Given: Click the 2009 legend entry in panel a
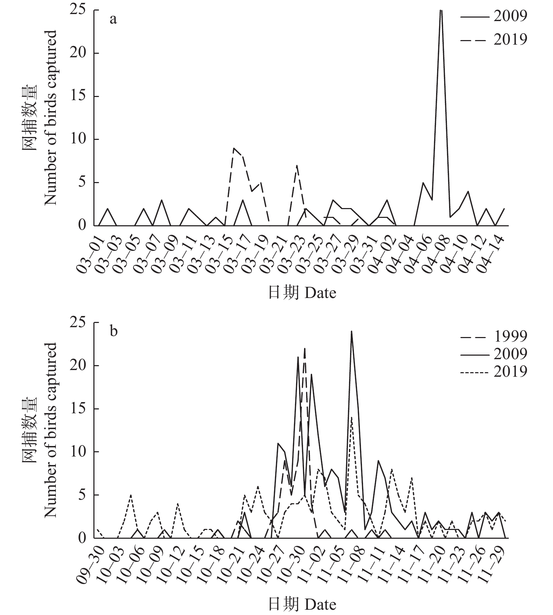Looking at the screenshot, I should (x=493, y=16).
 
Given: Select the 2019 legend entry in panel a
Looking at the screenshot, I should (x=493, y=39).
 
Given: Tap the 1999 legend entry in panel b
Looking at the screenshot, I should (x=493, y=336).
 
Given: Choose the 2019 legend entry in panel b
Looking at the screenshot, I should (x=493, y=371).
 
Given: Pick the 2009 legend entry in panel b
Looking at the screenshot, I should (x=493, y=354).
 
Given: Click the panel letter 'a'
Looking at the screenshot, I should (x=113, y=19).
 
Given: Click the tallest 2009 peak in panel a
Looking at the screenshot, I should (x=441, y=11).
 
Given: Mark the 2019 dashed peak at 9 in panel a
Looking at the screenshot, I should (x=234, y=148).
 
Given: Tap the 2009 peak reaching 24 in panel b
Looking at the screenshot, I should (x=351, y=331).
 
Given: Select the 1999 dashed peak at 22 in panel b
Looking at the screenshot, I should (x=304, y=349).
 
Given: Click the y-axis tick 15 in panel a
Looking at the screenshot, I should (x=79, y=96).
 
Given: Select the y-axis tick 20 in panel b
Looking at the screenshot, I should (x=79, y=365).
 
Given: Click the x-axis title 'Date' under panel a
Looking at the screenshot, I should (x=302, y=292).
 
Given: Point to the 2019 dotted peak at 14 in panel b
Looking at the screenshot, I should (x=351, y=417).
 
